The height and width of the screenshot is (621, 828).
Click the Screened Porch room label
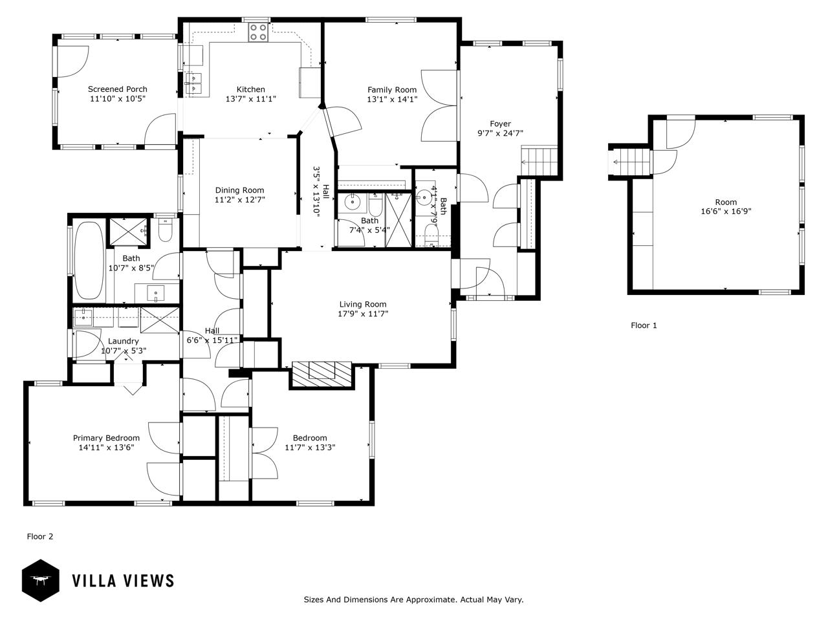[x=117, y=89]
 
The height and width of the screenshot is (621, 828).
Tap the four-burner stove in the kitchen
[x=258, y=32]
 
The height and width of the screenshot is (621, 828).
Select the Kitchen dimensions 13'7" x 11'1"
[x=251, y=99]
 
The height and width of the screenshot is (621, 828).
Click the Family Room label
[x=392, y=90]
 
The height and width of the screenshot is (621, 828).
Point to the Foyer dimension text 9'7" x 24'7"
[x=500, y=133]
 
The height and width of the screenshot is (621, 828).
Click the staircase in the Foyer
[x=539, y=161]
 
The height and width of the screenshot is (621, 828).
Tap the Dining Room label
[x=239, y=190]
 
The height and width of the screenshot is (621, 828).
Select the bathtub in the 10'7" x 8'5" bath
[x=89, y=261]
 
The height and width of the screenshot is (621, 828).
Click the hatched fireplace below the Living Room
[x=321, y=375]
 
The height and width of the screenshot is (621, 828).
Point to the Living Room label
[x=363, y=304]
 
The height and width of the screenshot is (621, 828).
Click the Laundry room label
[x=124, y=342]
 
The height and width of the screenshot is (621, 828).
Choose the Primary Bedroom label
[x=106, y=438]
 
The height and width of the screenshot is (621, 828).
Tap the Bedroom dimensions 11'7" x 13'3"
[x=310, y=448]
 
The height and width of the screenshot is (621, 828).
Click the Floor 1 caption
[x=644, y=325]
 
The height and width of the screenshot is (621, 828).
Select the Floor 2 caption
[x=40, y=536]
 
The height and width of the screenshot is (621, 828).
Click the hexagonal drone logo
[x=41, y=581]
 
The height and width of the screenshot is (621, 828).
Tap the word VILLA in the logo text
[x=94, y=581]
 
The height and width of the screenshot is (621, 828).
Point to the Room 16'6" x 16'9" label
[x=726, y=206]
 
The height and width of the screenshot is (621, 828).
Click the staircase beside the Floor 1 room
[x=630, y=162]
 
